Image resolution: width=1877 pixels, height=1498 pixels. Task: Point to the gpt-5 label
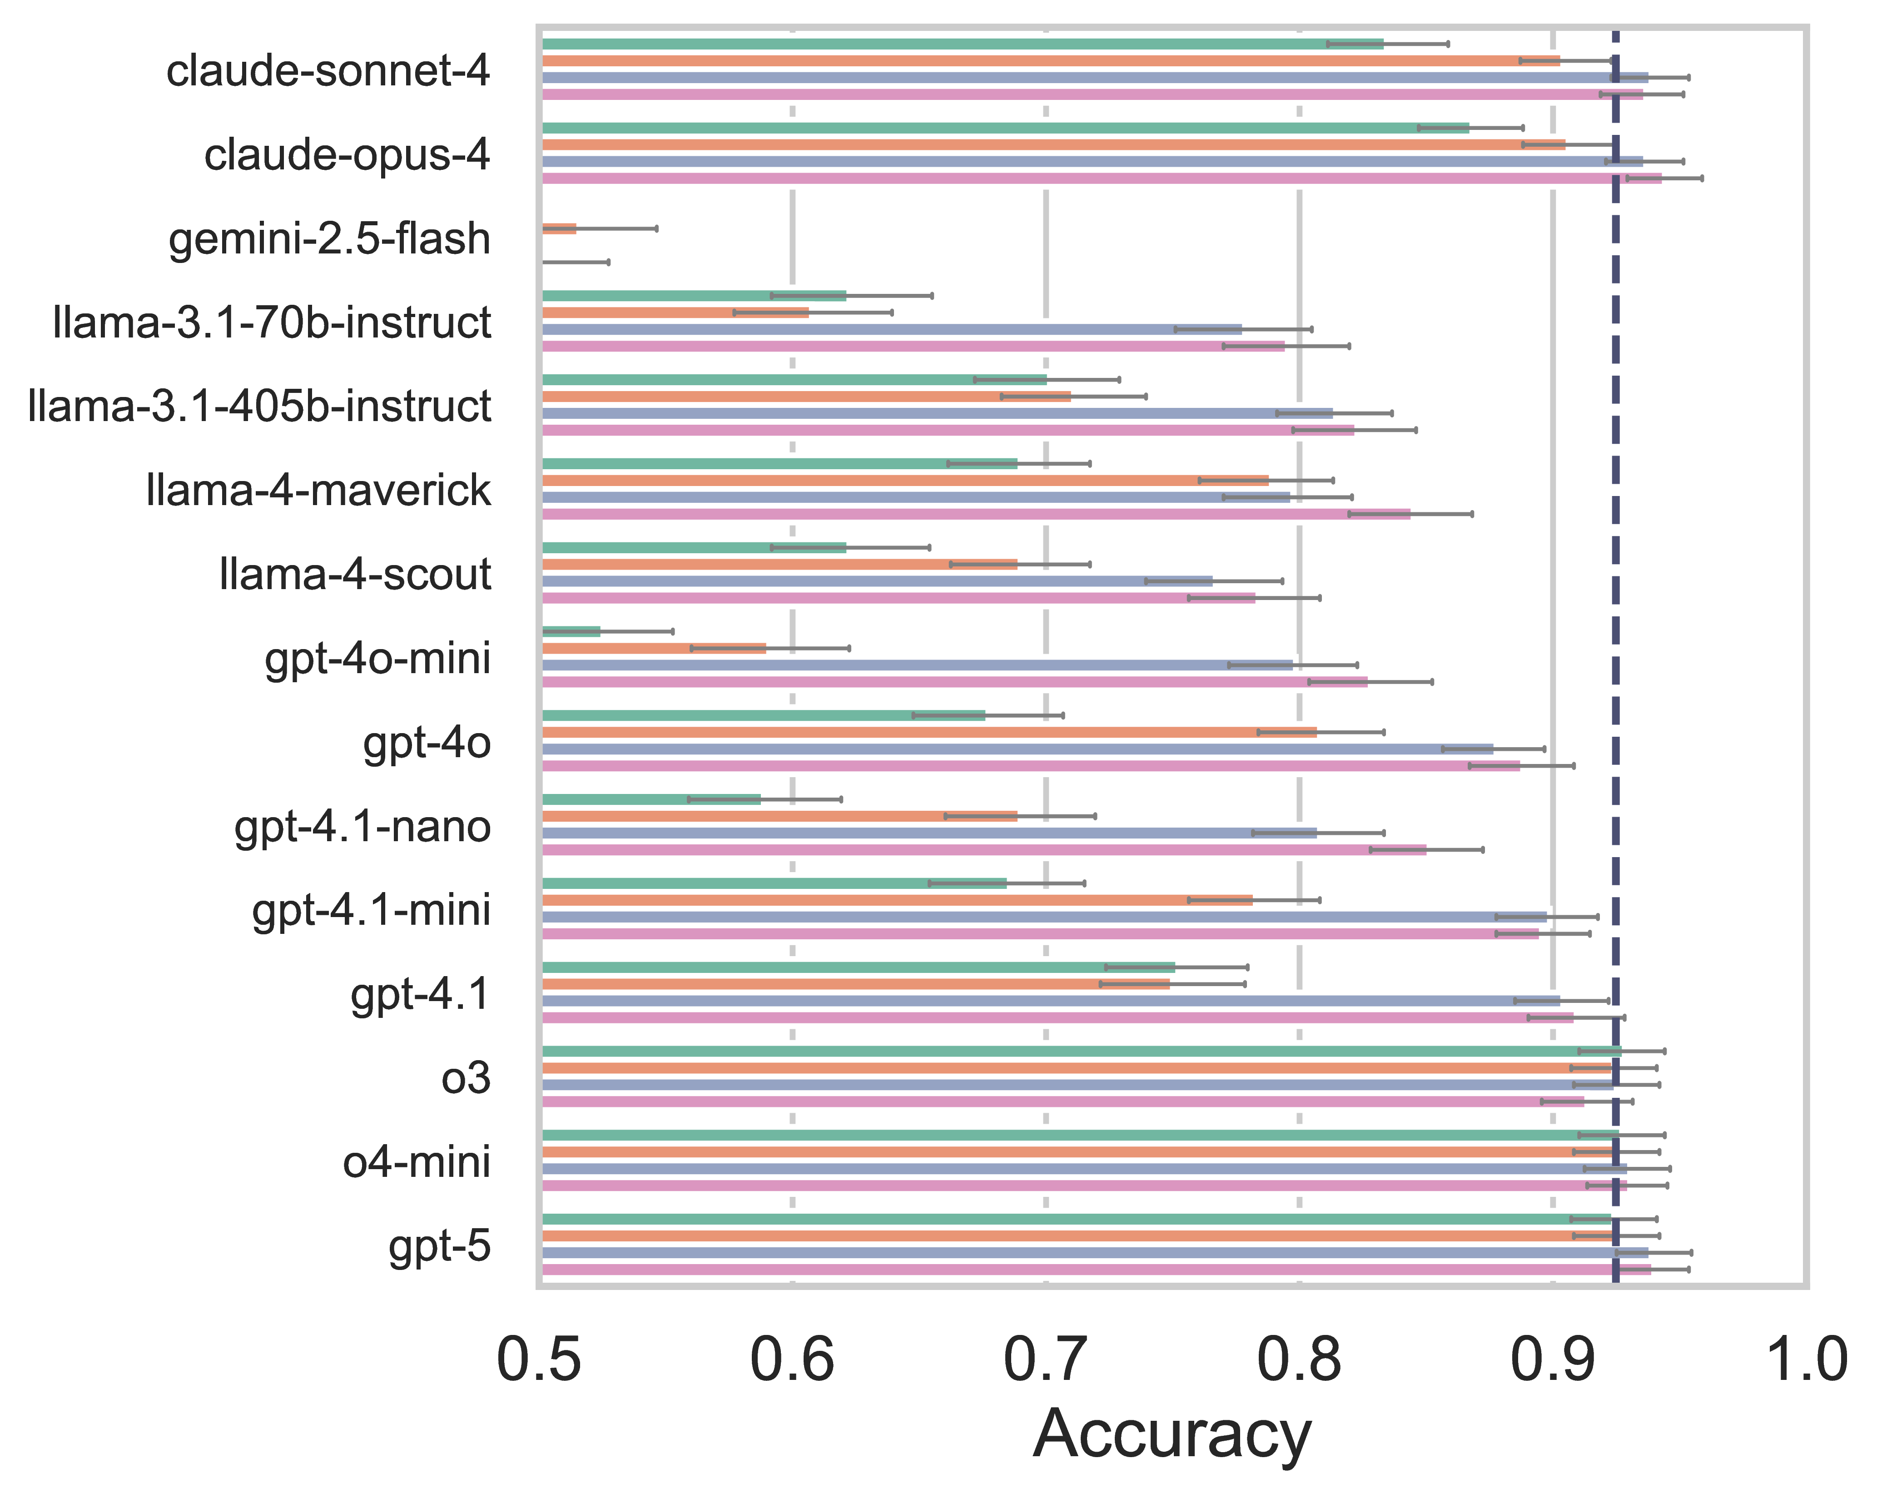[x=440, y=1246]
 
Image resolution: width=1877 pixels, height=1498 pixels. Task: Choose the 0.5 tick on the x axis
[x=539, y=1359]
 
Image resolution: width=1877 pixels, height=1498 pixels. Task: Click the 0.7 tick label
[x=1046, y=1359]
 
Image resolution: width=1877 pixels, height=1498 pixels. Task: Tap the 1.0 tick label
[x=1804, y=1359]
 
